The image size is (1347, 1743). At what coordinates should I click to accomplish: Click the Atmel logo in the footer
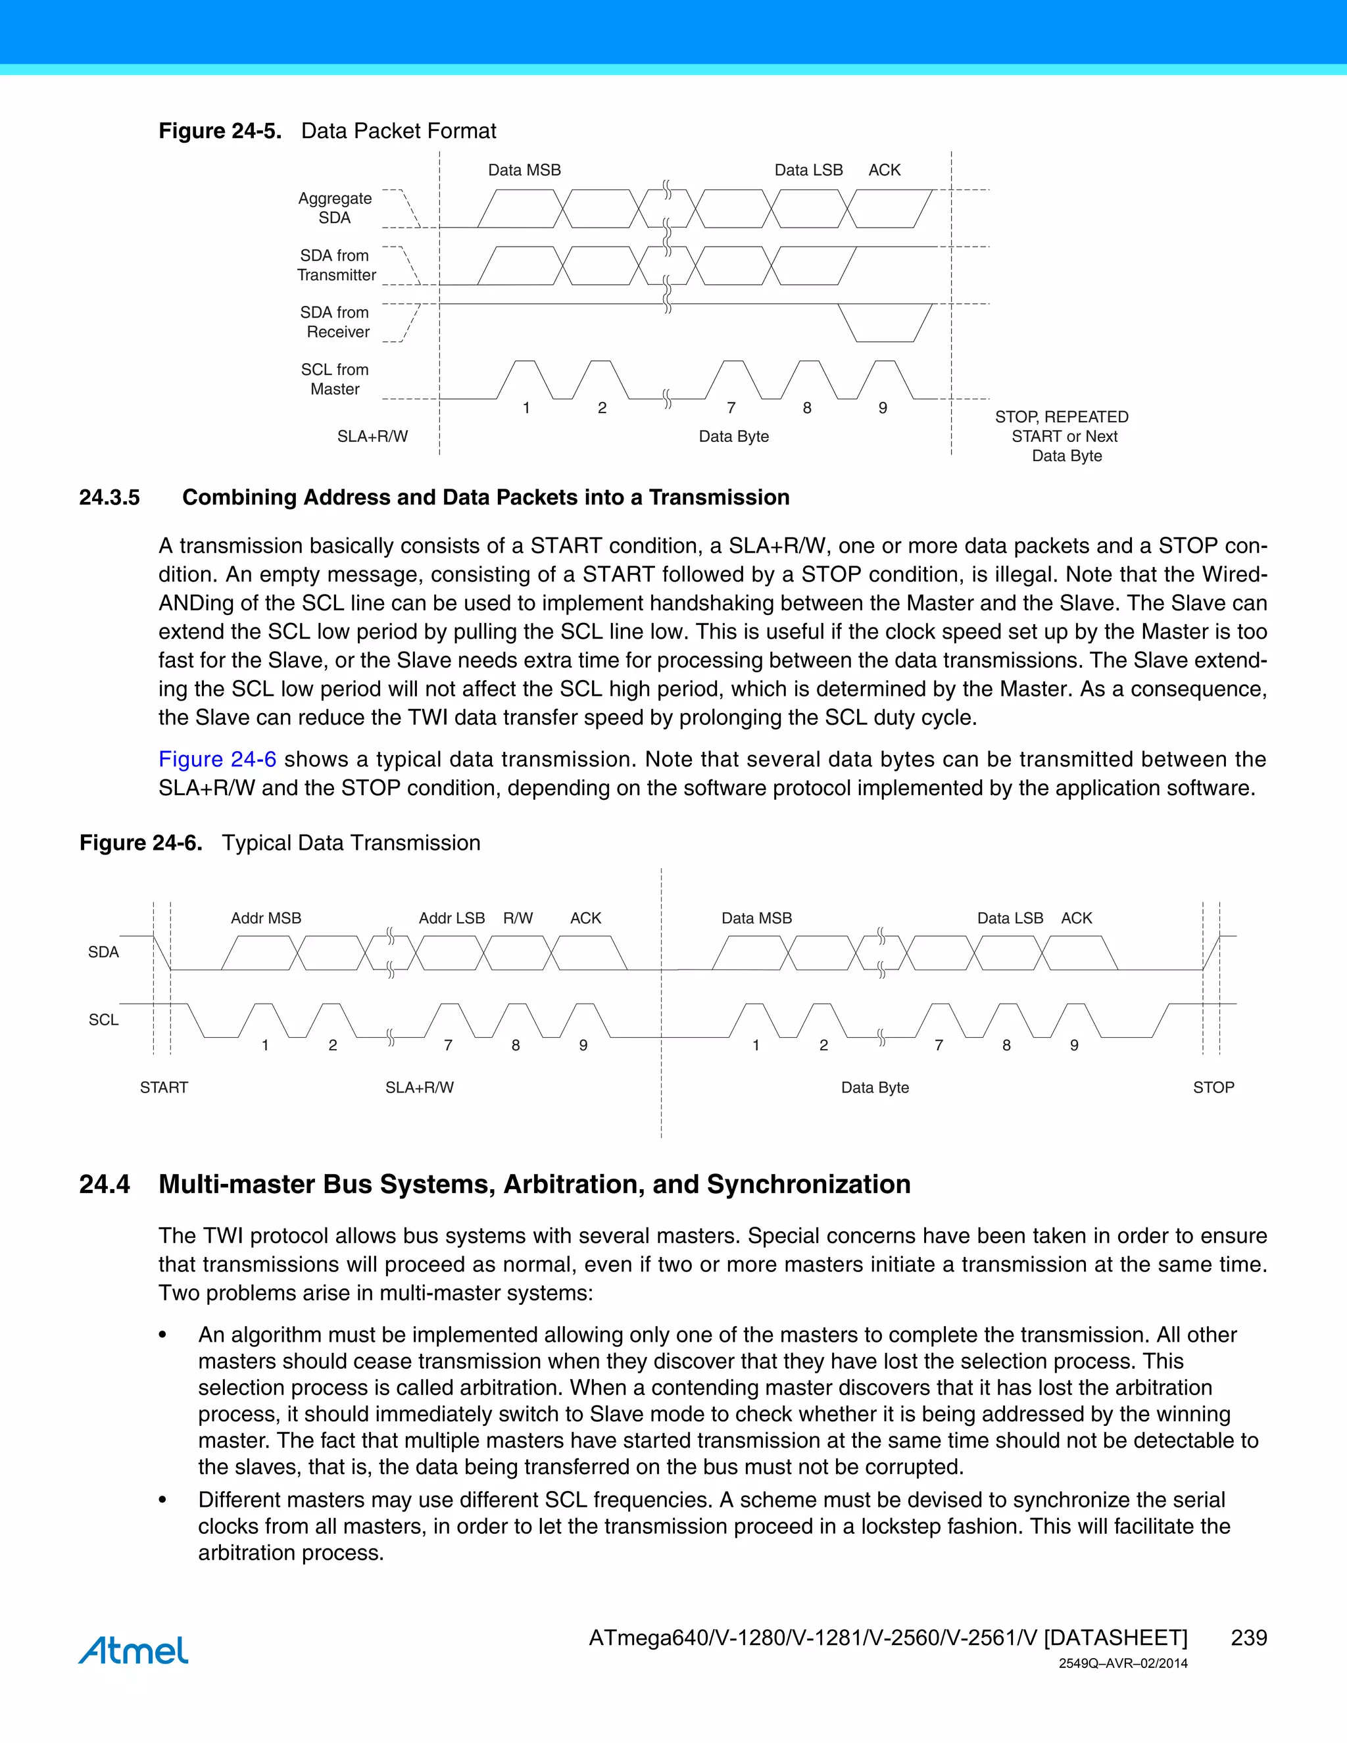(134, 1650)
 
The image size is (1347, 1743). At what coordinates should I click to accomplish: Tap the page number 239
(1248, 1638)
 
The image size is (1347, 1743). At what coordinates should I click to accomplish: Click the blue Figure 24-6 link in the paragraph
(217, 759)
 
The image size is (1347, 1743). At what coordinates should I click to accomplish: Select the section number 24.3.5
(109, 497)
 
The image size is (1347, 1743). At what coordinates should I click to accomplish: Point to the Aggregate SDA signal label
(335, 207)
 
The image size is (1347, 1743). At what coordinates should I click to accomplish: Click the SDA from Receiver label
(335, 322)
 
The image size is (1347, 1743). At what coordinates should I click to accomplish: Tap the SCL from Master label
(335, 379)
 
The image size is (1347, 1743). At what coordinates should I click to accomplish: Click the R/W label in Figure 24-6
(518, 918)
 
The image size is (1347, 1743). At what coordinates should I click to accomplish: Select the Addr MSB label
(266, 918)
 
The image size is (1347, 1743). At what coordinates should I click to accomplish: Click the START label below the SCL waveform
(164, 1087)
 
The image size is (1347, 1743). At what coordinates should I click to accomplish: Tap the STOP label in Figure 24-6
(1213, 1087)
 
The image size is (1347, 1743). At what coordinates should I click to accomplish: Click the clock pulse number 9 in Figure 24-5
(883, 408)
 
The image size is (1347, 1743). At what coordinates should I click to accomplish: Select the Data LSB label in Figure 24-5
(808, 170)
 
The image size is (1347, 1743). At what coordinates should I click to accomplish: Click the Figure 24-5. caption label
(220, 131)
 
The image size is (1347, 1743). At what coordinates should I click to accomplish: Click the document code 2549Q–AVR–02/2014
(1123, 1663)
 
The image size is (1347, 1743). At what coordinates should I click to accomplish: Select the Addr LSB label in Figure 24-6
(452, 918)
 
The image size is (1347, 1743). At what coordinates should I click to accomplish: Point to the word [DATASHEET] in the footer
(1115, 1638)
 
